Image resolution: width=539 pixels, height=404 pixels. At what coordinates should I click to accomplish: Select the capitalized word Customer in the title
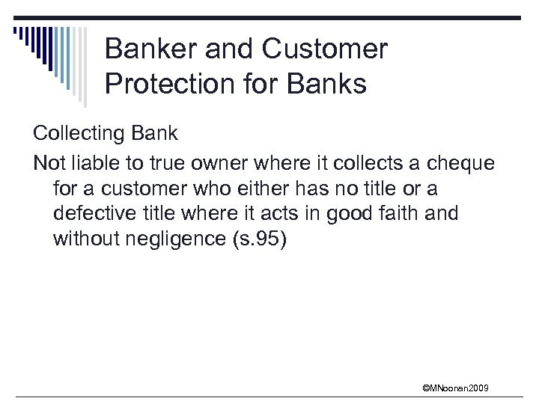point(324,49)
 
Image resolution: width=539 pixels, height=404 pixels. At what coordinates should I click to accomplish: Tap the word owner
point(225,162)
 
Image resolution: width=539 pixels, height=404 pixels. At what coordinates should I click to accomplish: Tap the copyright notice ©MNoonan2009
point(455,388)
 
